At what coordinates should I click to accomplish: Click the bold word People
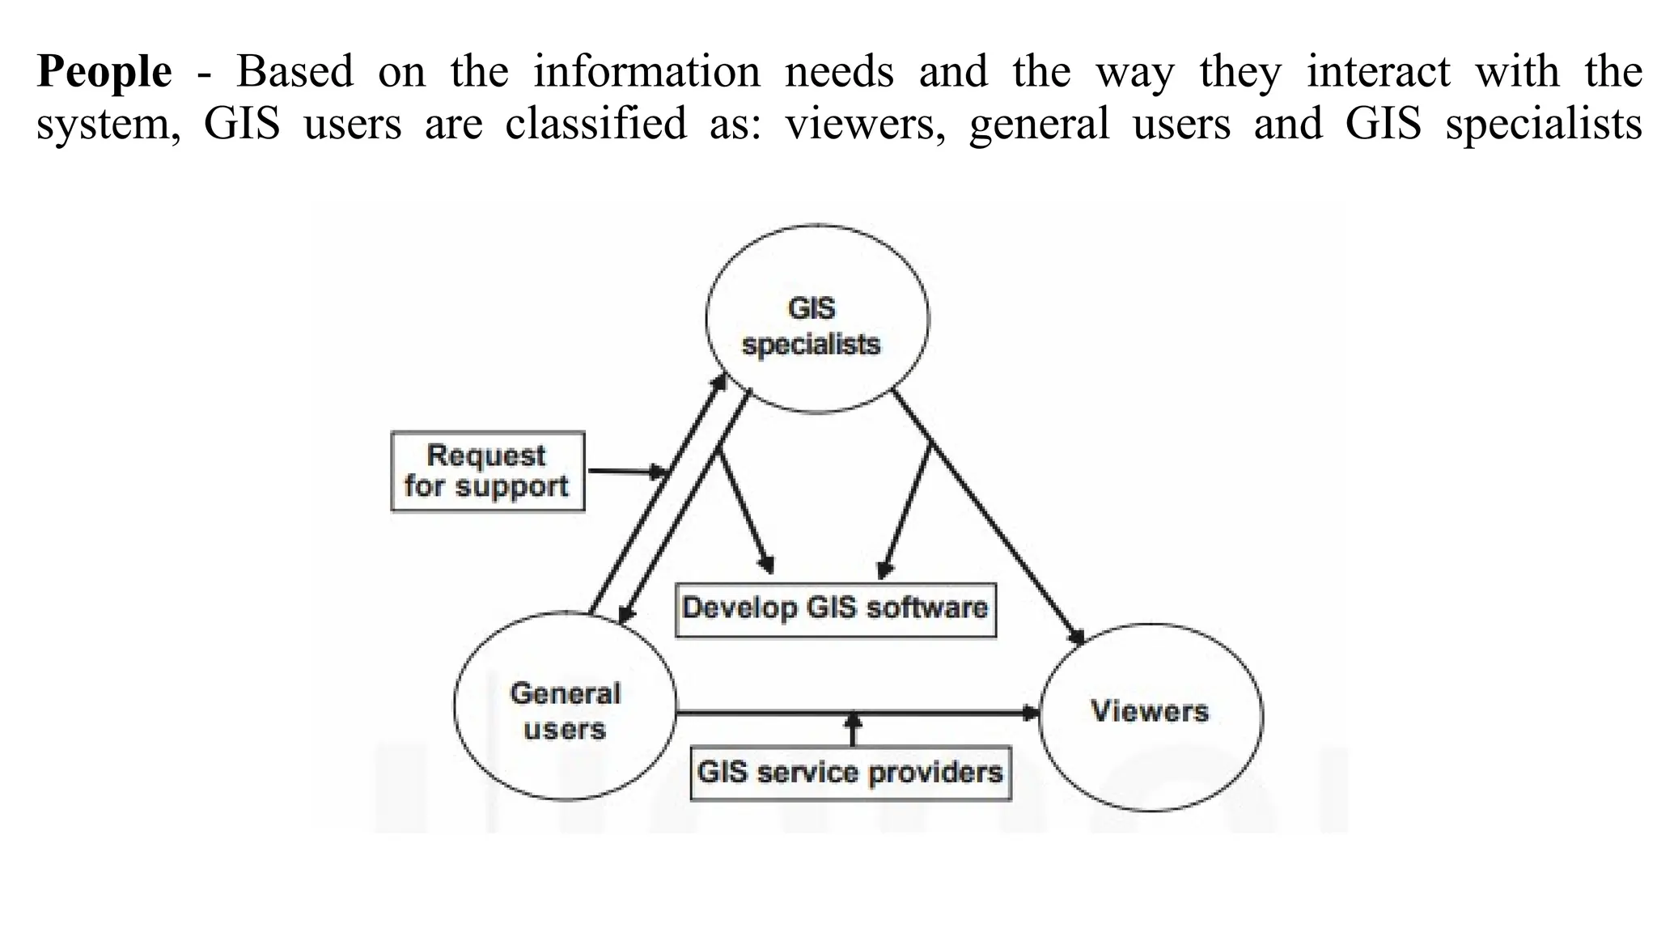coord(104,73)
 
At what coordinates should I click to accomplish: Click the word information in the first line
coord(646,71)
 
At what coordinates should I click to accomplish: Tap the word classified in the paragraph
coord(595,125)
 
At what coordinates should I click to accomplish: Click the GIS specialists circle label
coord(812,326)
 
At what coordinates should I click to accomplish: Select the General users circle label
coord(565,711)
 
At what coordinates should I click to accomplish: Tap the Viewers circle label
coord(1149,711)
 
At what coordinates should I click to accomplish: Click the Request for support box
coord(487,471)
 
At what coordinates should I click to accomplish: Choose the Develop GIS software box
coord(835,608)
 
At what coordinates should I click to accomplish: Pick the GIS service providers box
coord(850,772)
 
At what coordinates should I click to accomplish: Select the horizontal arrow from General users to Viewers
coord(858,713)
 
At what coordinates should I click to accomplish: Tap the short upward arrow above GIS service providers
coord(852,728)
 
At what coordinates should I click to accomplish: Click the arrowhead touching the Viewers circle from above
coord(1077,637)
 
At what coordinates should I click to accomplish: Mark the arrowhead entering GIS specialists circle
coord(719,383)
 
